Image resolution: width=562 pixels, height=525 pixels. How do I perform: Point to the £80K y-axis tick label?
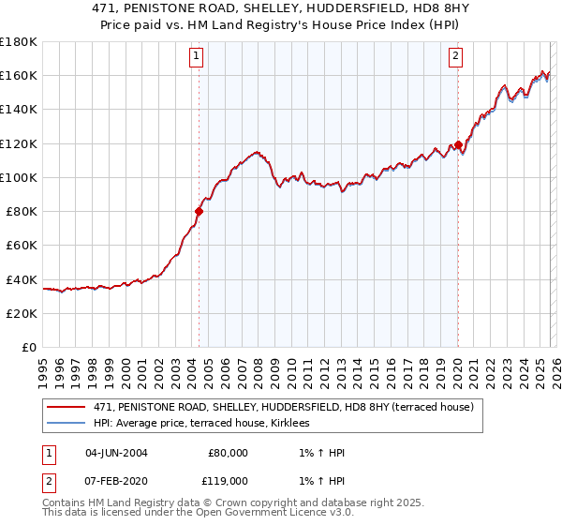point(21,211)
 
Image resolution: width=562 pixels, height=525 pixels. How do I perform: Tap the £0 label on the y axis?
point(28,347)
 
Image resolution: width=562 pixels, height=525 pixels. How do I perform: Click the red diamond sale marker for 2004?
point(199,211)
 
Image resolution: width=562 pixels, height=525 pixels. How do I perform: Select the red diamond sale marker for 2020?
point(458,145)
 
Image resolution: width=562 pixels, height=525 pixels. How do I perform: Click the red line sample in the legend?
point(67,407)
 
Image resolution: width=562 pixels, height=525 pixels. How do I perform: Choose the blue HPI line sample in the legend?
point(67,423)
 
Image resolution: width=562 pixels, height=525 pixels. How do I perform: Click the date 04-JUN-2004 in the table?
point(116,453)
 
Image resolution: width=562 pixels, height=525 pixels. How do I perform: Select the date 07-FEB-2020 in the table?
point(116,479)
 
